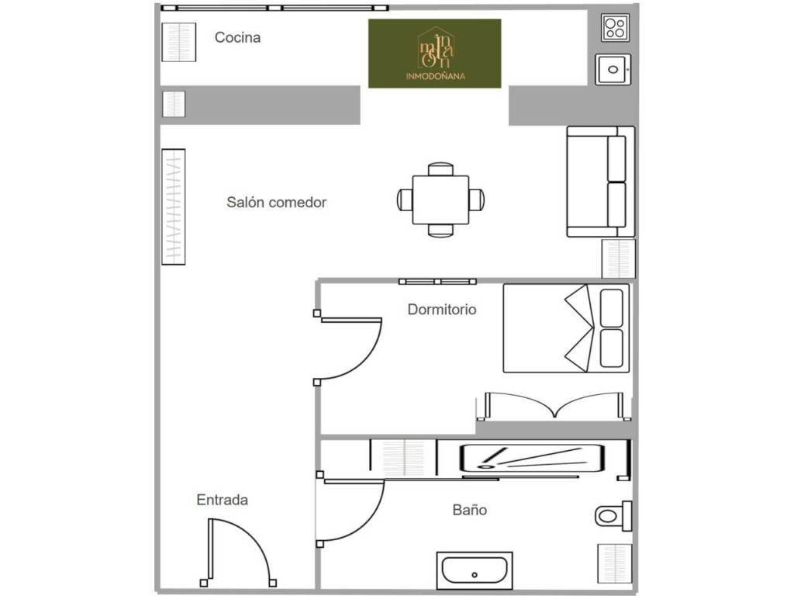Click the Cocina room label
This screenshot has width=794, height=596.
point(237,37)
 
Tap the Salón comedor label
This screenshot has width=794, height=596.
point(277,203)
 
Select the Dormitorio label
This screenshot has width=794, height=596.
point(442,309)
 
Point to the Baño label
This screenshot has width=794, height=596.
point(470,510)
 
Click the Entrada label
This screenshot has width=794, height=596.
point(223,500)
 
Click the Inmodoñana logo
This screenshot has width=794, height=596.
point(435,54)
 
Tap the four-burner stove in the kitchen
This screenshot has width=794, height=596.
point(615,28)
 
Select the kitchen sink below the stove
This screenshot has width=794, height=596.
point(613,69)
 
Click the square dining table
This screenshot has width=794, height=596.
point(440,199)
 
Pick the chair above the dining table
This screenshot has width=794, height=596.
point(440,168)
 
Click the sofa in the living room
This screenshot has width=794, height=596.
point(601,182)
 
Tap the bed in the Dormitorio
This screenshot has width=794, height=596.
point(566,328)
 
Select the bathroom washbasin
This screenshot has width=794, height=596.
point(475,570)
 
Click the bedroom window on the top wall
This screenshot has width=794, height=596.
point(437,281)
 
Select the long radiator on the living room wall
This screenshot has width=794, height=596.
point(173,206)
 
